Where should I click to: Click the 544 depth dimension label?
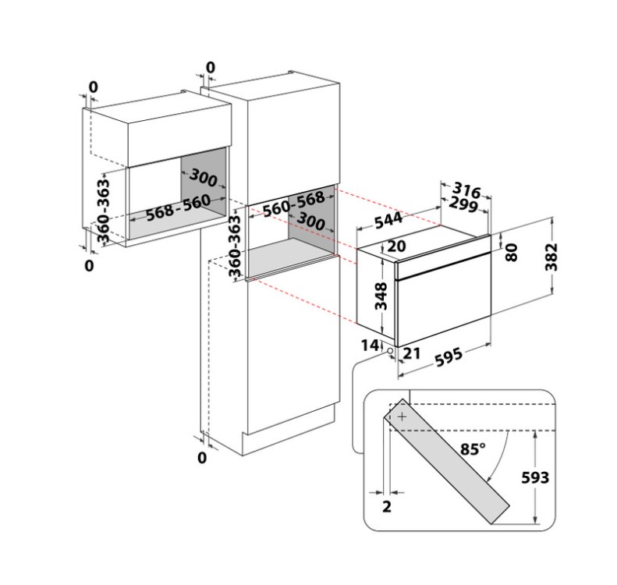(x=388, y=220)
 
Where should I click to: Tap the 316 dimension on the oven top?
(x=466, y=190)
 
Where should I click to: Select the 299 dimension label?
(x=463, y=204)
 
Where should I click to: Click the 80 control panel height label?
(x=510, y=252)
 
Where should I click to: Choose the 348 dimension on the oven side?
(x=381, y=296)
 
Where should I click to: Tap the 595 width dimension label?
(x=449, y=357)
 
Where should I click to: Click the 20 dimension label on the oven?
(x=396, y=246)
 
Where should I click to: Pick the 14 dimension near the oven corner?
(x=370, y=345)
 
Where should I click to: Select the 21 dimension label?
(x=412, y=353)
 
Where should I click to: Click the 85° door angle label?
(x=473, y=448)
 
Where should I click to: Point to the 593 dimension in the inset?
(x=535, y=477)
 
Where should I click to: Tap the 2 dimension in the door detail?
(x=387, y=507)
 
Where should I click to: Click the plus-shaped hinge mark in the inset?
(x=402, y=417)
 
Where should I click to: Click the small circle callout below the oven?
(x=390, y=350)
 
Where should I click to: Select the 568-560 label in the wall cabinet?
(x=179, y=207)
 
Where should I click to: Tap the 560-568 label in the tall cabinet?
(x=293, y=204)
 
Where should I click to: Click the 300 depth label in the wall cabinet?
(x=203, y=177)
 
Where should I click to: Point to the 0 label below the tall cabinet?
(x=202, y=458)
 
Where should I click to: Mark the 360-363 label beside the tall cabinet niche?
(x=234, y=246)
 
